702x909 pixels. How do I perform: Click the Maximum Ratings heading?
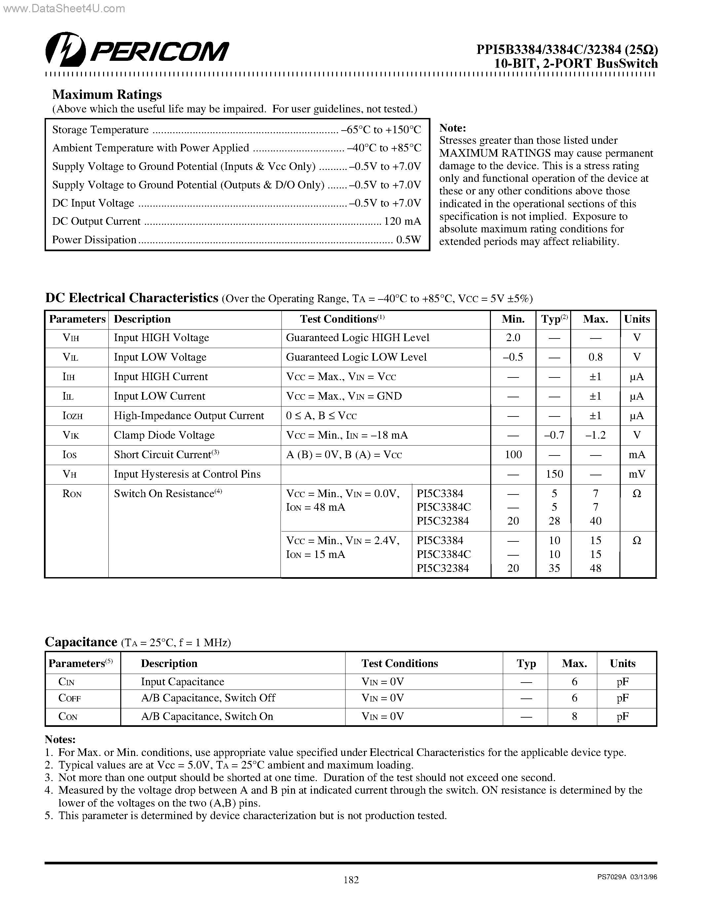(x=107, y=95)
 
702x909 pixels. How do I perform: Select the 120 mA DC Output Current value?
(x=402, y=221)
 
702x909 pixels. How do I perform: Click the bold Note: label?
(x=453, y=128)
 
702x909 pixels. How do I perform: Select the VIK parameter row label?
(x=71, y=435)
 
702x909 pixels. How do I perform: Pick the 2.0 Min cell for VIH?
(x=513, y=337)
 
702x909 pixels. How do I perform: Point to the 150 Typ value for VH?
(x=554, y=474)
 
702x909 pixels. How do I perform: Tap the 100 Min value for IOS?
(x=513, y=454)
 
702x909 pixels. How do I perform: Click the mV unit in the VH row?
(x=637, y=474)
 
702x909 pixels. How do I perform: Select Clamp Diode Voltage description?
(x=164, y=435)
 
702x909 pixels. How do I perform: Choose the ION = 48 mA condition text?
(x=315, y=507)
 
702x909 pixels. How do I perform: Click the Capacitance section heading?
(x=81, y=642)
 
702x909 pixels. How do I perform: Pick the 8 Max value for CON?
(x=574, y=716)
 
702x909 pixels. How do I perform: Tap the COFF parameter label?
(x=69, y=698)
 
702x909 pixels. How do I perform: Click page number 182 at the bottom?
(x=351, y=880)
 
